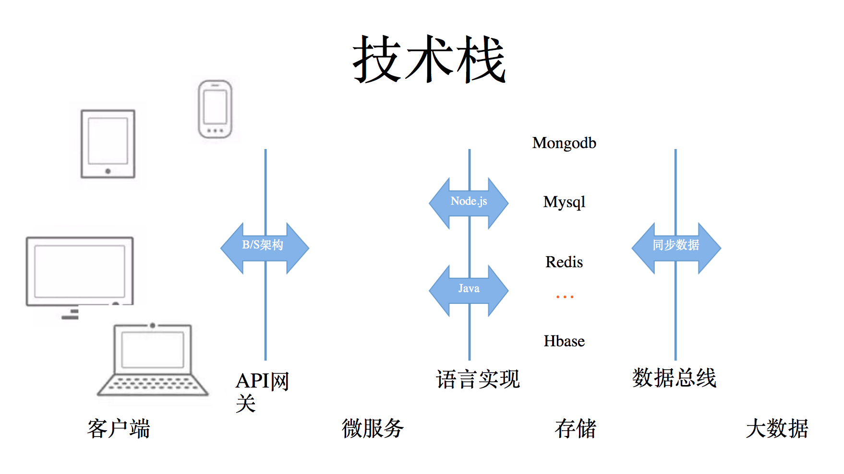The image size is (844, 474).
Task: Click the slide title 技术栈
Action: tap(429, 60)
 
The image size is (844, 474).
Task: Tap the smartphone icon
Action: tap(215, 109)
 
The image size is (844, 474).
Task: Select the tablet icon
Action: tap(108, 144)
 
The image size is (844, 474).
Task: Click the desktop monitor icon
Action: tap(80, 272)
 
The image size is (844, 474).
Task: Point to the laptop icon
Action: tap(153, 361)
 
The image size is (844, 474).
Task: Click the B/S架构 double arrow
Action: tap(265, 248)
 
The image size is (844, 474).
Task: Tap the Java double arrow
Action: tap(469, 290)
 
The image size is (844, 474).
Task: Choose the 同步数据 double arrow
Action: tap(676, 248)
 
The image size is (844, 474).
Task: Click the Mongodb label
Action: tap(564, 143)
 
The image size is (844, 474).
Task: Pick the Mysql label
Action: tap(564, 202)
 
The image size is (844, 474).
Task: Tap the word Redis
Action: tap(564, 262)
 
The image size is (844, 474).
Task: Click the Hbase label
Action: tap(564, 341)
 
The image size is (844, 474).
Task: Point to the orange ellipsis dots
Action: tap(565, 297)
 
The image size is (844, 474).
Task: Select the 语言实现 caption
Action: tap(478, 379)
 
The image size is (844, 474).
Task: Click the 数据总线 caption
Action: tap(674, 378)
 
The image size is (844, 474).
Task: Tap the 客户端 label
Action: tap(119, 428)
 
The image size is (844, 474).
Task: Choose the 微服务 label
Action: tap(373, 428)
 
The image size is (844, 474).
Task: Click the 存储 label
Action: tap(575, 428)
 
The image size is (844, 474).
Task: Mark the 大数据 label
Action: tap(777, 428)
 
